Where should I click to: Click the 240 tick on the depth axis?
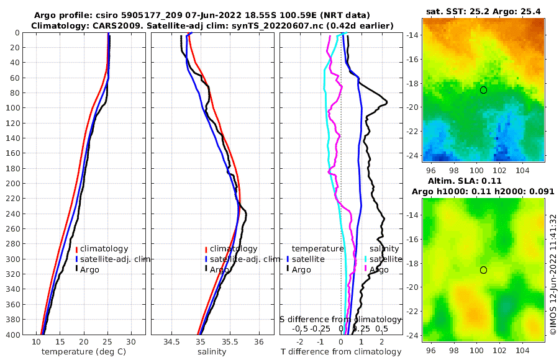pyautogui.click(x=12, y=214)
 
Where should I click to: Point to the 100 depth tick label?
pyautogui.click(x=12, y=107)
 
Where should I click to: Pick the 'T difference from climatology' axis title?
pyautogui.click(x=340, y=352)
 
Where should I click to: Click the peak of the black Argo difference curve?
pyautogui.click(x=386, y=102)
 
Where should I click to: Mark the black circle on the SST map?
pyautogui.click(x=483, y=90)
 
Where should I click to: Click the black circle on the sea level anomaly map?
pyautogui.click(x=483, y=270)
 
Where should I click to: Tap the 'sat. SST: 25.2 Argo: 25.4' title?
pyautogui.click(x=484, y=11)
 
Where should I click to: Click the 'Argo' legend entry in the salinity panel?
pyautogui.click(x=219, y=270)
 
